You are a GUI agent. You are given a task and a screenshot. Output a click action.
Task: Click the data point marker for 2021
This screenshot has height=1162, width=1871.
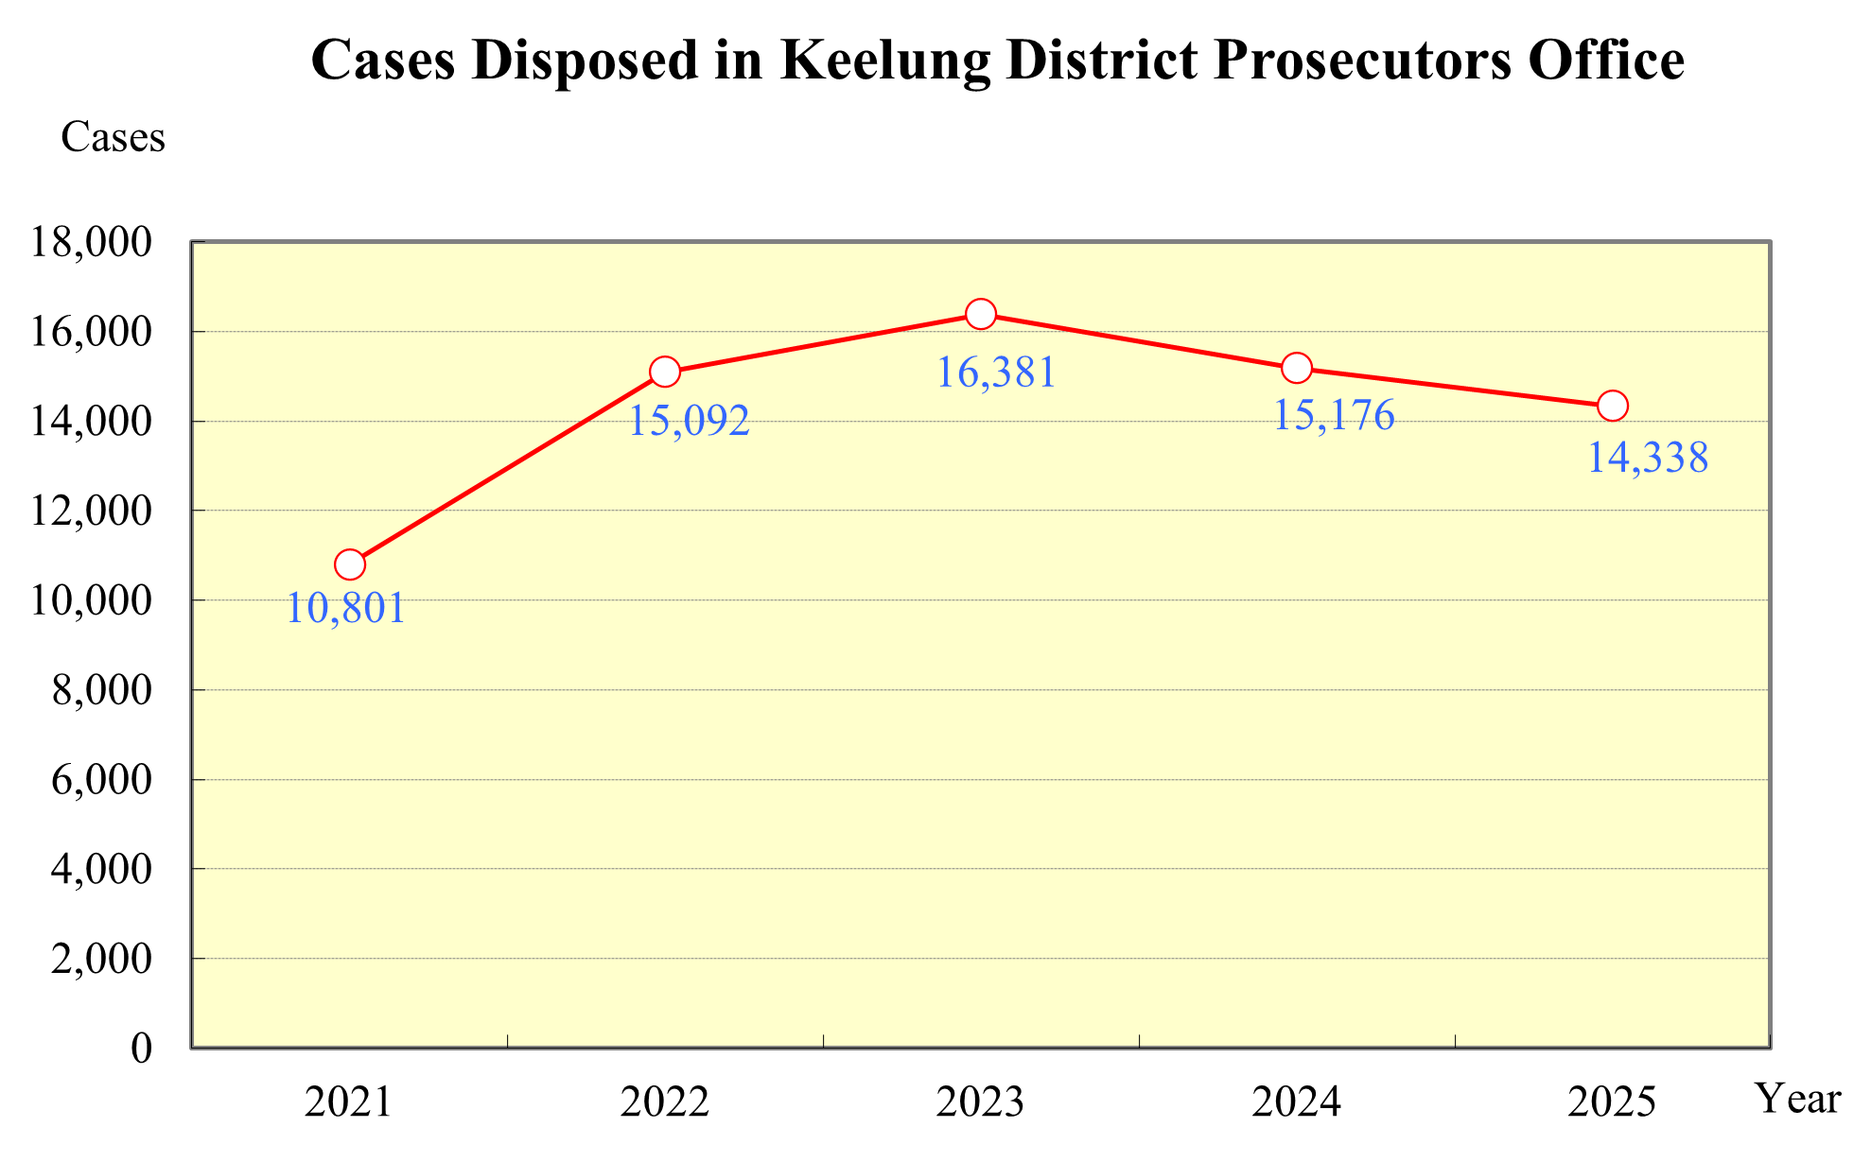pyautogui.click(x=350, y=564)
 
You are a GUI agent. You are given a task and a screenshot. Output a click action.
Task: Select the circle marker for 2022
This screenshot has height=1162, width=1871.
pyautogui.click(x=665, y=372)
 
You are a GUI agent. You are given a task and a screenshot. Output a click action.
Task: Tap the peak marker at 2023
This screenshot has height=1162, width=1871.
pyautogui.click(x=981, y=314)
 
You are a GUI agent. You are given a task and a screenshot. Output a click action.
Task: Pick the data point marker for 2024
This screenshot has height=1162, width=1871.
pyautogui.click(x=1297, y=368)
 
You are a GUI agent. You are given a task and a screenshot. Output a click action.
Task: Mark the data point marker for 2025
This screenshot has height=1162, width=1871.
pyautogui.click(x=1612, y=406)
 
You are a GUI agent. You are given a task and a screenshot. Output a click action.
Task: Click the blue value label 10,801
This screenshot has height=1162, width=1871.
pyautogui.click(x=345, y=608)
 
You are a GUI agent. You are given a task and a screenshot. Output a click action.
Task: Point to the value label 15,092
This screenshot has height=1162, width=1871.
pyautogui.click(x=689, y=421)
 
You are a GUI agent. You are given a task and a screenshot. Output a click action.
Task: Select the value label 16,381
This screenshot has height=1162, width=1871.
pyautogui.click(x=995, y=373)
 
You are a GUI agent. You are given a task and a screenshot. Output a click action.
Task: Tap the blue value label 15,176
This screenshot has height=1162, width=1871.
pyautogui.click(x=1333, y=416)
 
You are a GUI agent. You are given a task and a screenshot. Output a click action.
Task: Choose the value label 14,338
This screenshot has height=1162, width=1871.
pyautogui.click(x=1647, y=459)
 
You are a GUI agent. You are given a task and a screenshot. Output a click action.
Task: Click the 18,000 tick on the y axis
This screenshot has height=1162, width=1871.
pyautogui.click(x=91, y=243)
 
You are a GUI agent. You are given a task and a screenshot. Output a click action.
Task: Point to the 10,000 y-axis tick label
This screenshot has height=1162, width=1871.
pyautogui.click(x=91, y=600)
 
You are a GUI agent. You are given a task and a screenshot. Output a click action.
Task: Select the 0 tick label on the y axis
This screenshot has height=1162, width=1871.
pyautogui.click(x=141, y=1049)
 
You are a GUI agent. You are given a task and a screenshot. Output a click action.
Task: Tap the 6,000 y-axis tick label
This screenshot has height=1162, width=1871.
pyautogui.click(x=101, y=780)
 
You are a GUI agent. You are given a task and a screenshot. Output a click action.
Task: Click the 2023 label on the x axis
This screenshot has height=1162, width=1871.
pyautogui.click(x=980, y=1102)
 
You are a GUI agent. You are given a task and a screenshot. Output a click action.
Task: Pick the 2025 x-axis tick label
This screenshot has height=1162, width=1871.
pyautogui.click(x=1612, y=1102)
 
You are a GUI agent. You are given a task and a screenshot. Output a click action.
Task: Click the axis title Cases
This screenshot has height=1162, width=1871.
pyautogui.click(x=113, y=138)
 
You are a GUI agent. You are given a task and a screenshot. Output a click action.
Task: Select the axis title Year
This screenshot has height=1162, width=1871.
pyautogui.click(x=1798, y=1099)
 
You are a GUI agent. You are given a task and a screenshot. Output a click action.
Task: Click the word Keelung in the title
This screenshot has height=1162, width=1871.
pyautogui.click(x=885, y=61)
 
